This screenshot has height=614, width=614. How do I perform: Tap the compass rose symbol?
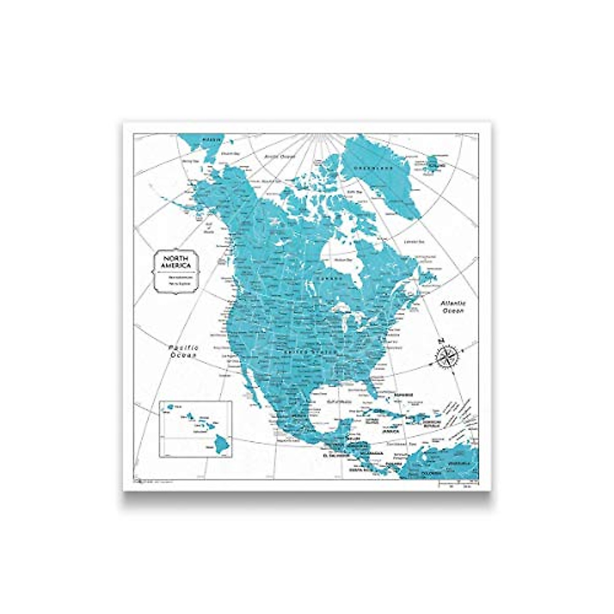[449, 356]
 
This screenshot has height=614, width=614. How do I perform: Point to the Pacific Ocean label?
[185, 351]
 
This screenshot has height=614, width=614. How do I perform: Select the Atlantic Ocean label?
[452, 307]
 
